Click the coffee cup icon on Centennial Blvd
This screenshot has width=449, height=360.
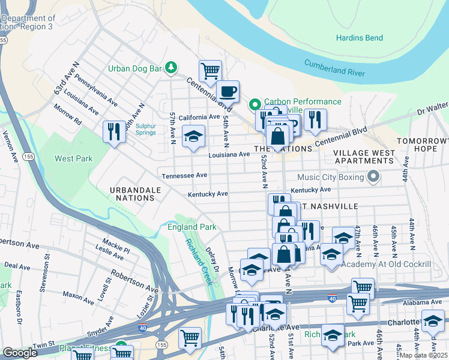(228, 92)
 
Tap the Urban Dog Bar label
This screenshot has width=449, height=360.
(135, 68)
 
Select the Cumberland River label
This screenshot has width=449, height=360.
(334, 68)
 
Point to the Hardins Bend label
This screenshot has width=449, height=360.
(359, 38)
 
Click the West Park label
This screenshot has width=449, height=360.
(74, 159)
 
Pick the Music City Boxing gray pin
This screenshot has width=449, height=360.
(373, 177)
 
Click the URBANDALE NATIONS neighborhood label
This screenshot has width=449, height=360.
(128, 194)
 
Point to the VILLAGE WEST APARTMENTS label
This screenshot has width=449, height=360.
(364, 157)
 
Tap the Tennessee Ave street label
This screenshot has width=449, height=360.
(184, 176)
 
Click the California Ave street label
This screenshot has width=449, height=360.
(198, 117)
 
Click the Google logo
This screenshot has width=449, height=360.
(20, 353)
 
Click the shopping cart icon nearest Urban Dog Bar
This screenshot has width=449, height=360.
(210, 71)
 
